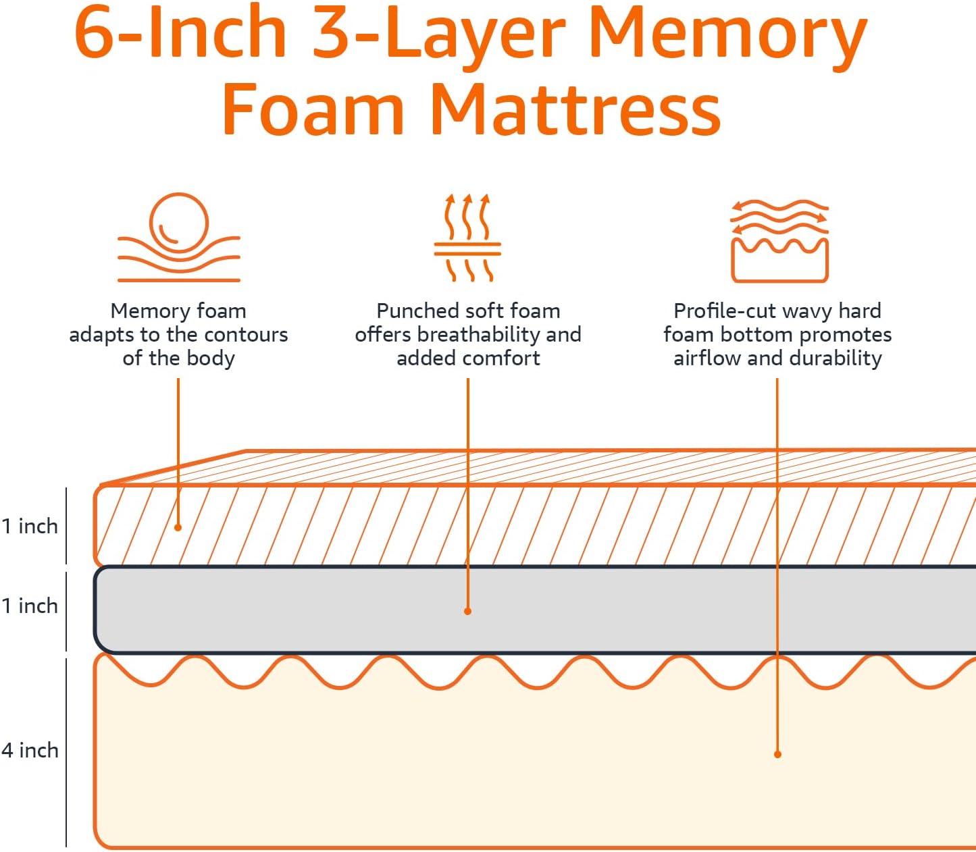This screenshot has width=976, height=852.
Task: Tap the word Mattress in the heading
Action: (575, 110)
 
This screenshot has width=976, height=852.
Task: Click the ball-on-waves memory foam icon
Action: (179, 237)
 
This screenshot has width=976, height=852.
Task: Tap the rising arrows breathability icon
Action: (467, 238)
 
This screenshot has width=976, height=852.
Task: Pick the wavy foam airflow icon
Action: (779, 240)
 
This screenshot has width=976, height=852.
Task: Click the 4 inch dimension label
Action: (30, 750)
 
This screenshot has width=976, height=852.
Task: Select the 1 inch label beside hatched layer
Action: (30, 526)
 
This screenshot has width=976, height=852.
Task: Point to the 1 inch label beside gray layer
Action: (30, 606)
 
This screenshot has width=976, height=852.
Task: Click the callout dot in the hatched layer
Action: (178, 527)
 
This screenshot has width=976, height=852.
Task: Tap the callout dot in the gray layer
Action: (467, 611)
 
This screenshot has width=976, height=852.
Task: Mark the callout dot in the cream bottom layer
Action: (777, 754)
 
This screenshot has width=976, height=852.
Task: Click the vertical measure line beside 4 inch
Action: (66, 751)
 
